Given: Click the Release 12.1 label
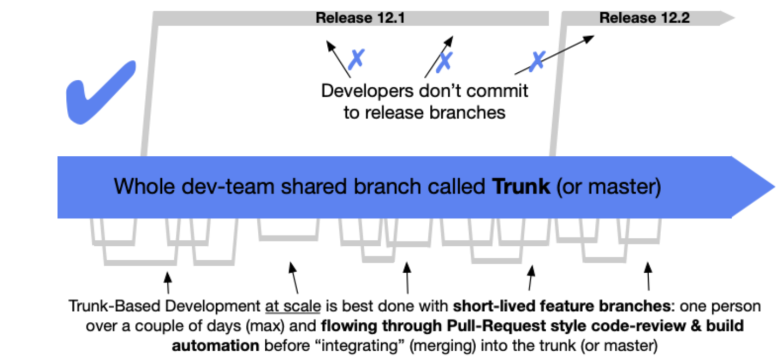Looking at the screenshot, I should point(360,18).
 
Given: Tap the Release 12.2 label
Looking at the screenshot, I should point(644,18).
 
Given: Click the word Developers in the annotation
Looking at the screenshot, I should point(366,91).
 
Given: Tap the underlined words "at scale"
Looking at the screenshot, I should point(292,307).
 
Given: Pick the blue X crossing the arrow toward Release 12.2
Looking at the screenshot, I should point(537,61).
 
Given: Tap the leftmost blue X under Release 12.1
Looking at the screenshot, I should point(356,59).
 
